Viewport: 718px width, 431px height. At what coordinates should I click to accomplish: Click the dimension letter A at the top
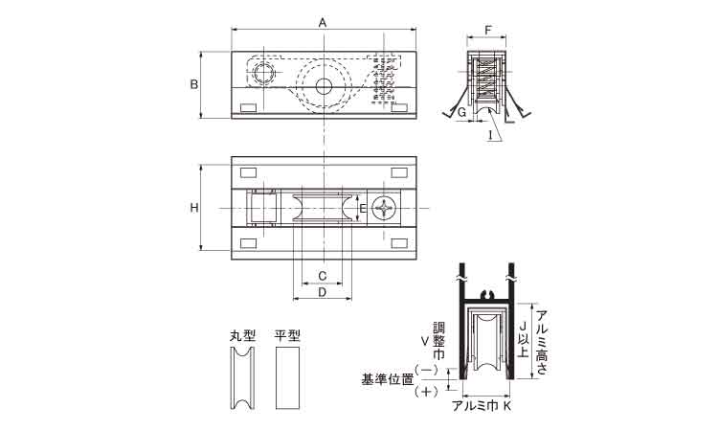point(323,22)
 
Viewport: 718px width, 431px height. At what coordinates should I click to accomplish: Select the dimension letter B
point(194,84)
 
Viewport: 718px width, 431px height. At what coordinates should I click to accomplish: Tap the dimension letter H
point(194,208)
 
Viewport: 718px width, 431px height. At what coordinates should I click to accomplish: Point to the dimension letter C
point(323,276)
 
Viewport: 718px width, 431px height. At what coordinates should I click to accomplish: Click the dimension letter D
point(323,292)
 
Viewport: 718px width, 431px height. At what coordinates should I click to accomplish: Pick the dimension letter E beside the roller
point(362,209)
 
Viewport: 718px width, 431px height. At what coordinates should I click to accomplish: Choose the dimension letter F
point(487,31)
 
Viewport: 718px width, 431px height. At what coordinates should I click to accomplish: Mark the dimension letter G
point(462,111)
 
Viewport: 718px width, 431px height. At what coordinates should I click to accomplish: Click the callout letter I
point(490,135)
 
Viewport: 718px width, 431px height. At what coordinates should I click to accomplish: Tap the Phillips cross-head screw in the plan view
point(383,209)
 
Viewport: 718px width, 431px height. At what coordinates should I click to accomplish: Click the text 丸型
point(242,336)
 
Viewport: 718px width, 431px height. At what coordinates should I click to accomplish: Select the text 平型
point(287,336)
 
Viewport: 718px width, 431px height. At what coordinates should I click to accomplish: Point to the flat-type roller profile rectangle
point(287,378)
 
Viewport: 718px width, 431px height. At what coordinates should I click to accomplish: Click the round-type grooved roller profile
point(242,378)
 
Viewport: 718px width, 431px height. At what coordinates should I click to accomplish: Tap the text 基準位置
point(388,379)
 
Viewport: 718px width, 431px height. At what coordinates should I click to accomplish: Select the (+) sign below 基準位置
point(426,392)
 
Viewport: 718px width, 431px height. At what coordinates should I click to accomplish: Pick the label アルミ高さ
point(542,342)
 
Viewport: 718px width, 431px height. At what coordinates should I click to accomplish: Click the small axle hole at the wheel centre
point(324,85)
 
